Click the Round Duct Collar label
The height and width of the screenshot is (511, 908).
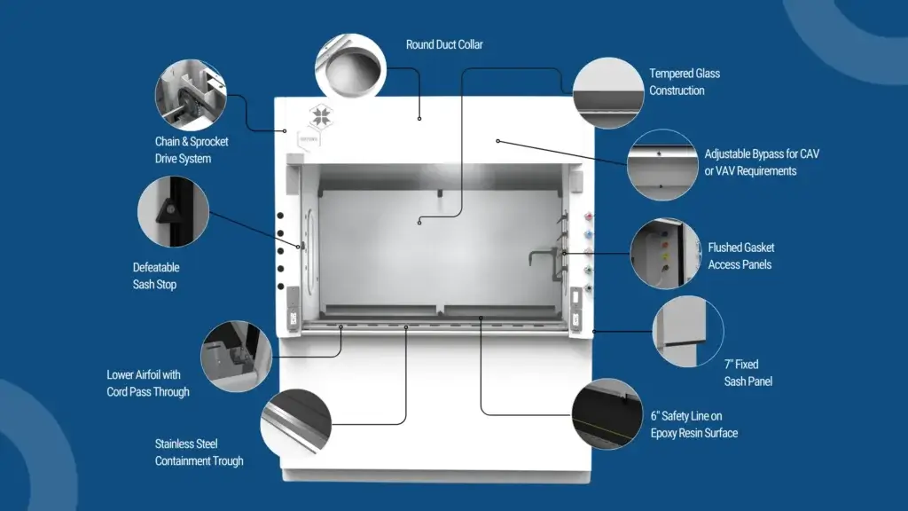(x=444, y=44)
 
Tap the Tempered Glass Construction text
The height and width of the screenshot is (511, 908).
(x=684, y=82)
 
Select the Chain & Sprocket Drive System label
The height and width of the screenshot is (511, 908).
(x=191, y=150)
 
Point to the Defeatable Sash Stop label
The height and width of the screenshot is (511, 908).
(x=155, y=276)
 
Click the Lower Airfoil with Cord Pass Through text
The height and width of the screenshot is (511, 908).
(x=148, y=383)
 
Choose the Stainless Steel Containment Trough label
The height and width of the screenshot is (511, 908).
(x=199, y=452)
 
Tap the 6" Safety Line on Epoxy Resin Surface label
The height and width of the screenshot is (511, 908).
(x=693, y=424)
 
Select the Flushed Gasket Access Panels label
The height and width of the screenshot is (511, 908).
(x=740, y=255)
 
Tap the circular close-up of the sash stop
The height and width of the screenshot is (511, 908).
(x=172, y=211)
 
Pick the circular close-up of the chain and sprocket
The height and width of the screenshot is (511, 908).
(x=191, y=96)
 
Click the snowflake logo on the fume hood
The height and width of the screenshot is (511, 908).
(x=320, y=117)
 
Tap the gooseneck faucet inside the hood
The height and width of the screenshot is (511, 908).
(x=540, y=257)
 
